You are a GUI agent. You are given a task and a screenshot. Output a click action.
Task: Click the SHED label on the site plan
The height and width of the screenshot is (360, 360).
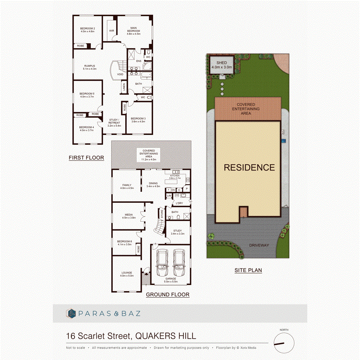click(x=222, y=63)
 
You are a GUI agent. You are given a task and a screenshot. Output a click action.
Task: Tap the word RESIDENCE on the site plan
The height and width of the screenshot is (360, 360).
click(x=249, y=168)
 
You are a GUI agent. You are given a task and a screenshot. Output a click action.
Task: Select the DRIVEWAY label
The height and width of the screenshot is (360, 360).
click(x=258, y=245)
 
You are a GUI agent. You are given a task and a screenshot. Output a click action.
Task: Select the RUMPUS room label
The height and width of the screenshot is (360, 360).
click(x=89, y=67)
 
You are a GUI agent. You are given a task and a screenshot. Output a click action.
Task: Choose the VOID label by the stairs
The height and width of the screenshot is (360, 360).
click(x=120, y=74)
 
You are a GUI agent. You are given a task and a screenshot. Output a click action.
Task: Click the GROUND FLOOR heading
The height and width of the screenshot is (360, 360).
click(x=168, y=295)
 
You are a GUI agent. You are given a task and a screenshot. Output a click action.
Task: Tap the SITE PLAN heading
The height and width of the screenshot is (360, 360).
click(x=248, y=270)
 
